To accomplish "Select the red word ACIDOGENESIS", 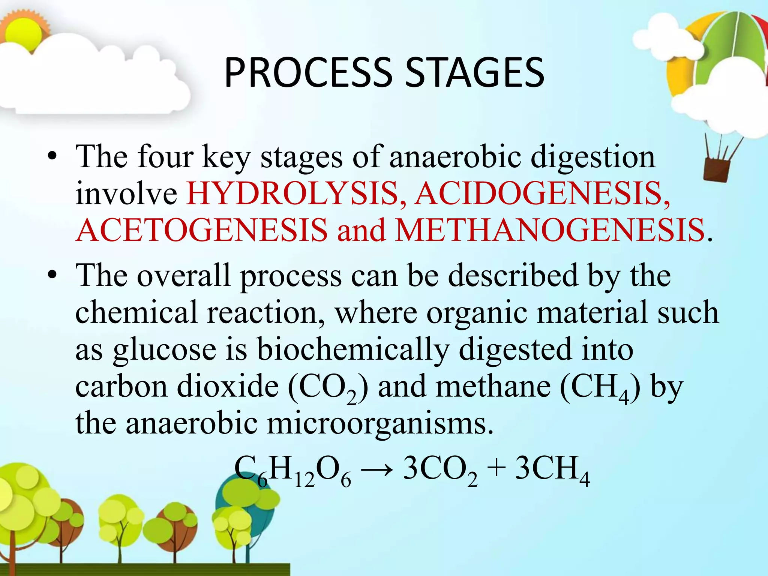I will click(542, 193).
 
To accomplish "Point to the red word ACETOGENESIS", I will click(201, 230).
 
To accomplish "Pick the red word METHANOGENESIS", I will click(550, 230).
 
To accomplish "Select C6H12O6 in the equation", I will click(292, 471).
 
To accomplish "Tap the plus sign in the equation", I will click(496, 469).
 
